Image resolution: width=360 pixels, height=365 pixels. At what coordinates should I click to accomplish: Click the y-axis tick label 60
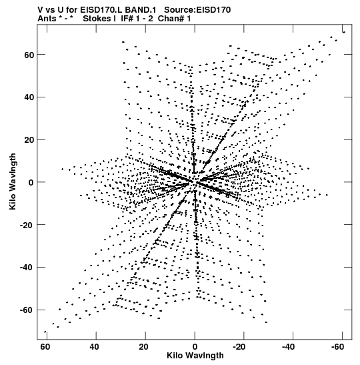pyautogui.click(x=29, y=55)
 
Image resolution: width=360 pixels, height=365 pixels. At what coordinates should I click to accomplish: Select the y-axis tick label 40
pyautogui.click(x=29, y=97)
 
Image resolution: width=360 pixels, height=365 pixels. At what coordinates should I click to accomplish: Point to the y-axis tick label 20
pyautogui.click(x=29, y=140)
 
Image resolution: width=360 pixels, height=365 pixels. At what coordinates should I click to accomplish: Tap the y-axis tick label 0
pyautogui.click(x=31, y=183)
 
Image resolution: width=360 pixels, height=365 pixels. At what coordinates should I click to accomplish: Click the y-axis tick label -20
pyautogui.click(x=27, y=225)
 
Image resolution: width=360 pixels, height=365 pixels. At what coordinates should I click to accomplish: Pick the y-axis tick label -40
pyautogui.click(x=27, y=268)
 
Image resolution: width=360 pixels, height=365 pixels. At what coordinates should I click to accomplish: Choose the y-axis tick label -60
pyautogui.click(x=27, y=310)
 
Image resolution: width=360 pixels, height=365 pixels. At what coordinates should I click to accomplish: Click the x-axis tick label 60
pyautogui.click(x=45, y=347)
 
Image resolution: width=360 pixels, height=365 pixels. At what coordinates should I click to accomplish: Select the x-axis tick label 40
pyautogui.click(x=94, y=347)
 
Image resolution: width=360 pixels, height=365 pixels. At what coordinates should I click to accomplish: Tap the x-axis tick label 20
pyautogui.click(x=143, y=347)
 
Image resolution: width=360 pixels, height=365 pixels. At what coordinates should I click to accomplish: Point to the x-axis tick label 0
pyautogui.click(x=195, y=347)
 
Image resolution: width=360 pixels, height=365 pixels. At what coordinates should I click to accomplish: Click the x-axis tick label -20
pyautogui.click(x=239, y=347)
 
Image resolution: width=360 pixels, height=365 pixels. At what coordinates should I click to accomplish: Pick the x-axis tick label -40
pyautogui.click(x=288, y=347)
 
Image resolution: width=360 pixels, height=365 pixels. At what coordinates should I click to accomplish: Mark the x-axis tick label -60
pyautogui.click(x=337, y=347)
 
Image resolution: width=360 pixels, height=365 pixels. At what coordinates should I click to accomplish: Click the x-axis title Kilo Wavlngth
pyautogui.click(x=195, y=356)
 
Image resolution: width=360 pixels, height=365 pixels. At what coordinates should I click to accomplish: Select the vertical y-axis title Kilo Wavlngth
pyautogui.click(x=13, y=181)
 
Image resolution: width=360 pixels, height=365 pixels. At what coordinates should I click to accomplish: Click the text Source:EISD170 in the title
pyautogui.click(x=197, y=10)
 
